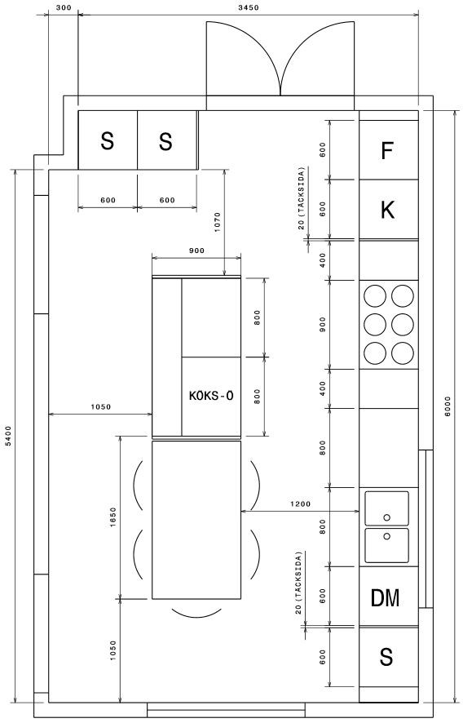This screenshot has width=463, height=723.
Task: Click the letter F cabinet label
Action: click(387, 150)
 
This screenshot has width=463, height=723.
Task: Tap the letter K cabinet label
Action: click(387, 210)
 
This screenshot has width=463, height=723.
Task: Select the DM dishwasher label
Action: click(385, 597)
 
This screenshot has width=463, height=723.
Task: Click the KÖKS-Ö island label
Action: click(211, 396)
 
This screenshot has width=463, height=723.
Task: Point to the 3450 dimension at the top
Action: click(249, 7)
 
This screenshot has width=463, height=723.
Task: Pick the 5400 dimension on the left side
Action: click(8, 436)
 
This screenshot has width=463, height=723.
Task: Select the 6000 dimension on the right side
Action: click(448, 406)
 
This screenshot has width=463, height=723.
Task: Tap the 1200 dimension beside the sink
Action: click(300, 504)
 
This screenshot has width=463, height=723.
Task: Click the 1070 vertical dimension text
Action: click(218, 222)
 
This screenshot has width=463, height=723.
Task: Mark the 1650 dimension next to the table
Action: click(113, 517)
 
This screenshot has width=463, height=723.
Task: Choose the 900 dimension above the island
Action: click(196, 251)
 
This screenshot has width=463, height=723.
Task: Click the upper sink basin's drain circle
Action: click(387, 517)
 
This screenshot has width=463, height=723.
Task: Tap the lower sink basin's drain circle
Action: click(387, 536)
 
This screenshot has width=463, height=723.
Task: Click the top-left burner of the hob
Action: click(374, 296)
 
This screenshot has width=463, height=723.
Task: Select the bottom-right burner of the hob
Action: click(403, 353)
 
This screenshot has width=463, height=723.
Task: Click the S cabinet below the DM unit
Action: click(386, 657)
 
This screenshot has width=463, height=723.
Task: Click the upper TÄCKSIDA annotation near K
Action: click(301, 198)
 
